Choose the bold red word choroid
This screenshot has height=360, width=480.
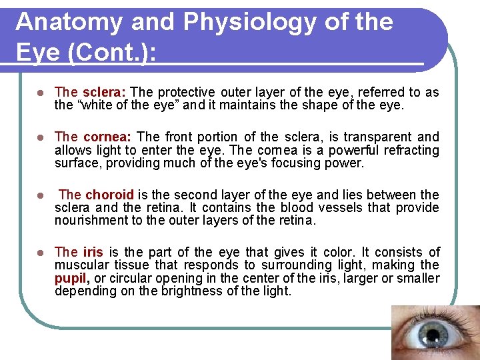pos(109,195)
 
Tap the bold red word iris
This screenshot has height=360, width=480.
pos(93,252)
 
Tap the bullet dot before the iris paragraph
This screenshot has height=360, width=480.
pos(40,253)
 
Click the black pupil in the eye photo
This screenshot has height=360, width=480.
pos(433,334)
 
